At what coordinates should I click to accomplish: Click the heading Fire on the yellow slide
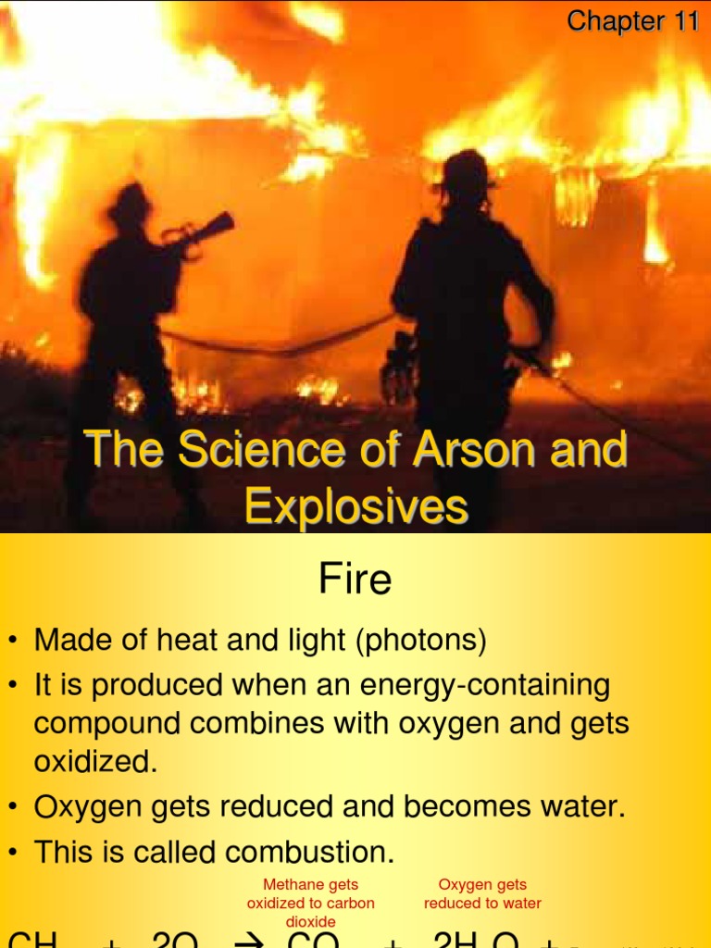click(x=355, y=580)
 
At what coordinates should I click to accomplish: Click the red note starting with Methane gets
click(x=311, y=903)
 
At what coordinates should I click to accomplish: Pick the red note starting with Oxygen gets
click(x=482, y=894)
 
